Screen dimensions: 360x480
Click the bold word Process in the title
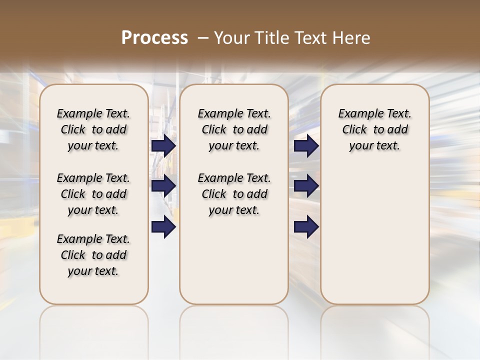point(154,38)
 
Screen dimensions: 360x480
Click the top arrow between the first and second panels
point(163,145)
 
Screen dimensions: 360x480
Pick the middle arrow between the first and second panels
point(163,186)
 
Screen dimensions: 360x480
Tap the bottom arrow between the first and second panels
point(163,227)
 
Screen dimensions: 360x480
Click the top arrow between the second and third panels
point(306,145)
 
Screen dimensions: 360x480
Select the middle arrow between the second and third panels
point(306,186)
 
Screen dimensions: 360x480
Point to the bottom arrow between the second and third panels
point(306,227)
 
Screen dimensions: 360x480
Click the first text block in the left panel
point(93,129)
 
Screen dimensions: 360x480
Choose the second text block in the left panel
point(93,194)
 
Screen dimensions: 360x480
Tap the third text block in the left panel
point(93,255)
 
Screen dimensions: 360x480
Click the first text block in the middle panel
point(234,129)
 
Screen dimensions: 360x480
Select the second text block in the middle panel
point(234,194)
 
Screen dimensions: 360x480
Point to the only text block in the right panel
point(374,129)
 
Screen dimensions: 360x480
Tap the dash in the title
point(203,38)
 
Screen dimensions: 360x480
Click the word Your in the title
point(230,38)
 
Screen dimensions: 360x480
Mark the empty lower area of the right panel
point(374,235)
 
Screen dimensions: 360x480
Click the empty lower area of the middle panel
point(234,260)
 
